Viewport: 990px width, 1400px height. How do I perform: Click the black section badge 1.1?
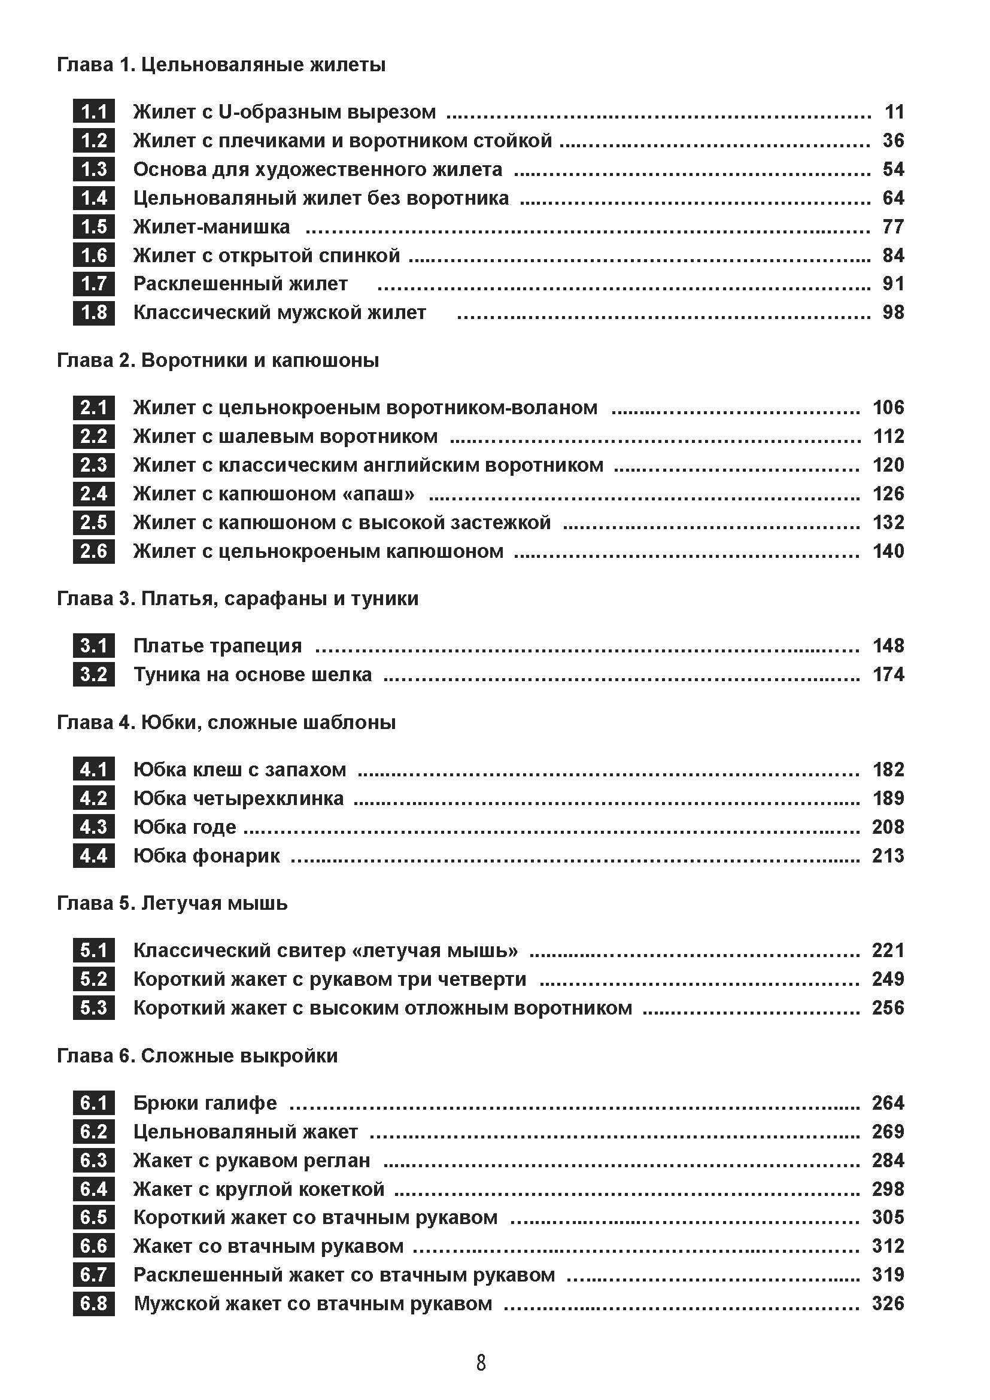tap(94, 112)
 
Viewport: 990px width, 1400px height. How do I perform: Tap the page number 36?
tap(893, 141)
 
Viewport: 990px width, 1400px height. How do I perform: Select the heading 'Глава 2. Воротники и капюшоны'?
tap(218, 360)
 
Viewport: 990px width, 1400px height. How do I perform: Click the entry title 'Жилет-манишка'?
tap(211, 227)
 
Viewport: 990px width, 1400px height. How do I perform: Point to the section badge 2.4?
tap(94, 494)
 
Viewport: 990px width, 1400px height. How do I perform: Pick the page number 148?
tap(888, 646)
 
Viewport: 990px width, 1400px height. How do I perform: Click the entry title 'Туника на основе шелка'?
tap(253, 675)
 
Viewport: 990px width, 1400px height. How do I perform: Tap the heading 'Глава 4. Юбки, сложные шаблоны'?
tap(226, 722)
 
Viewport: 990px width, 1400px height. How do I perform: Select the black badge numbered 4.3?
tap(94, 827)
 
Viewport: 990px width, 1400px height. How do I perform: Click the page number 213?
tap(888, 856)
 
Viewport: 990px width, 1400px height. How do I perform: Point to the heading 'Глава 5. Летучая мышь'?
tap(172, 903)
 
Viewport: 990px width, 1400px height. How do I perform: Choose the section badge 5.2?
tap(94, 979)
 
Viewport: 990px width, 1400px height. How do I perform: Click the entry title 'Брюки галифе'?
tap(205, 1103)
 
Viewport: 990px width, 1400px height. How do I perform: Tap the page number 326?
tap(888, 1304)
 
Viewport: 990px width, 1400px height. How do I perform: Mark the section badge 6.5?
tap(94, 1217)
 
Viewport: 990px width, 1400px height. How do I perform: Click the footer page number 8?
tap(481, 1363)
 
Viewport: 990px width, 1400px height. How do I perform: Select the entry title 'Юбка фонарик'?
tap(206, 856)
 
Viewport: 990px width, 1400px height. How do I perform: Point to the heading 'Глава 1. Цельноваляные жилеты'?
tap(221, 65)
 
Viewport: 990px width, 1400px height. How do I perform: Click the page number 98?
tap(893, 313)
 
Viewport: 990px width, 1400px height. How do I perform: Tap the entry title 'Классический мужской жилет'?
tap(280, 313)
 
